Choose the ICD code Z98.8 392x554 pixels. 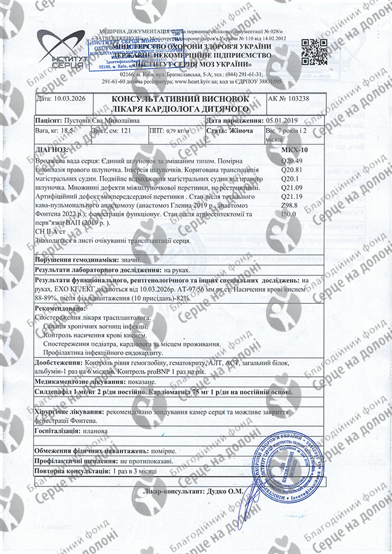[x=291, y=206]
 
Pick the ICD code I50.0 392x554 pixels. [x=289, y=214]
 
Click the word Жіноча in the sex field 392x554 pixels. [x=241, y=130]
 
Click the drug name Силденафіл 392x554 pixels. [x=57, y=392]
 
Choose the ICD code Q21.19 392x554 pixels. [x=292, y=197]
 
